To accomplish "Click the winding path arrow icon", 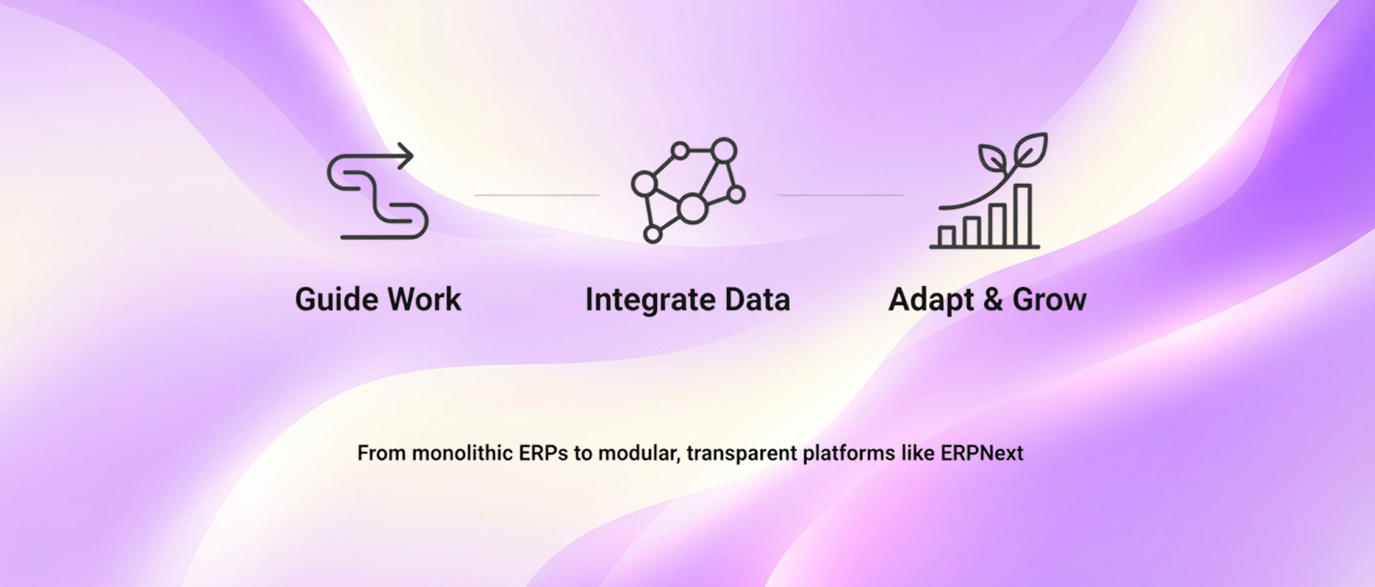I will tap(377, 192).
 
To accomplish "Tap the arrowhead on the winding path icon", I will tap(407, 155).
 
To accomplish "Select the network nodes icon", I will tap(687, 190).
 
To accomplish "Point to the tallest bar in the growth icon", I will tap(1023, 215).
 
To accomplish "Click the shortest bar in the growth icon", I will tap(947, 236).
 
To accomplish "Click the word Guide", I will tap(337, 299).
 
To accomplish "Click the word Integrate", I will tap(650, 299).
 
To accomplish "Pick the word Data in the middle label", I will tap(757, 299).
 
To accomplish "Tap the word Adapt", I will tap(931, 299).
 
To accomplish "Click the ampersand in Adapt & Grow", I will tap(993, 299).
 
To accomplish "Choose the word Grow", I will tap(1049, 299).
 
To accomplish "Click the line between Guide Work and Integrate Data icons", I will tap(536, 195).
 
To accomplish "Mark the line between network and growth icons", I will tap(840, 195).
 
